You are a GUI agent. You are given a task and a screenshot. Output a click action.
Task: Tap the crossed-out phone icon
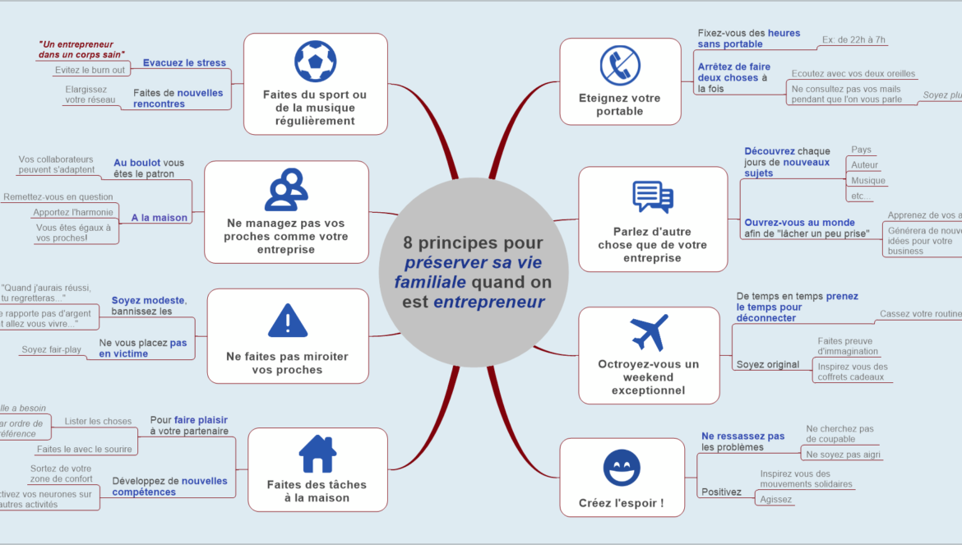click(x=620, y=66)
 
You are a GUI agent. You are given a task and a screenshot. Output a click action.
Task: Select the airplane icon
click(x=650, y=332)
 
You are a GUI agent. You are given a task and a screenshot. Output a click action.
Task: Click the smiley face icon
click(x=622, y=469)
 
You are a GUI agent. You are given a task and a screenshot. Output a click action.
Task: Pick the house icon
click(x=317, y=454)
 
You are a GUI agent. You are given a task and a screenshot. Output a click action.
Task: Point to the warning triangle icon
click(x=288, y=321)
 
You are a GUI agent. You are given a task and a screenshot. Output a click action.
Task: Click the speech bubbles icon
click(x=653, y=197)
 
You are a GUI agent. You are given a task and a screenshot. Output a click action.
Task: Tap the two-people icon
click(x=286, y=190)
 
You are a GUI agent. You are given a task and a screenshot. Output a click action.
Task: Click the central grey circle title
click(x=473, y=272)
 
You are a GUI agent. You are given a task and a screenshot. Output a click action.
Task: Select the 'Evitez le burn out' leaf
click(x=90, y=70)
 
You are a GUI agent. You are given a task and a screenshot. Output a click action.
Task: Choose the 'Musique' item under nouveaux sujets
click(x=868, y=180)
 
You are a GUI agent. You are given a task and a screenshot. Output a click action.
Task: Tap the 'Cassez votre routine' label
click(x=919, y=313)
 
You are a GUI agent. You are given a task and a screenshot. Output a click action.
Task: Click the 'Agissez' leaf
click(x=776, y=499)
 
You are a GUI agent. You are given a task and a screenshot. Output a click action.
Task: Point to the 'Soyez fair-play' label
click(x=52, y=349)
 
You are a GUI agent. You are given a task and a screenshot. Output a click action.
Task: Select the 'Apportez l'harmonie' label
click(x=73, y=212)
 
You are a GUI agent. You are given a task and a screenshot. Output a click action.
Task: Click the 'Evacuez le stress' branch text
click(x=184, y=62)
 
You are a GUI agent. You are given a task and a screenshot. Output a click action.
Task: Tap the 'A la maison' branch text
click(x=160, y=218)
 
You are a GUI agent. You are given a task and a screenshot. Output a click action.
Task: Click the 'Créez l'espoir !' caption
click(x=622, y=503)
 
